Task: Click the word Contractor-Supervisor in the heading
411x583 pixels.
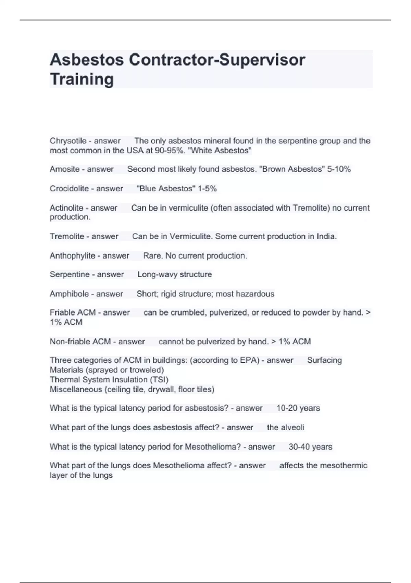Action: [217, 60]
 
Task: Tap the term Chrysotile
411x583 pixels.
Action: [68, 141]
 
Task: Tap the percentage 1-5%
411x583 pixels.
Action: [207, 189]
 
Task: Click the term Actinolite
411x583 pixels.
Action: [66, 208]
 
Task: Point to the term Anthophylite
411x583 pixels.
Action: [72, 256]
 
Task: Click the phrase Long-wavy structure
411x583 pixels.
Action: [175, 275]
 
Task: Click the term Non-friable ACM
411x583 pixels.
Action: [80, 342]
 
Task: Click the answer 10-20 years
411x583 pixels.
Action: [298, 408]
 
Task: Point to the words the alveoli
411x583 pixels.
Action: [285, 428]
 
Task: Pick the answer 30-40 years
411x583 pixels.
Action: [310, 447]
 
